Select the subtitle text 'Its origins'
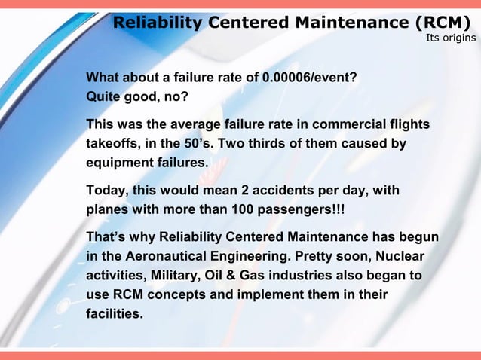(451, 38)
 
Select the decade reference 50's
(227, 143)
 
